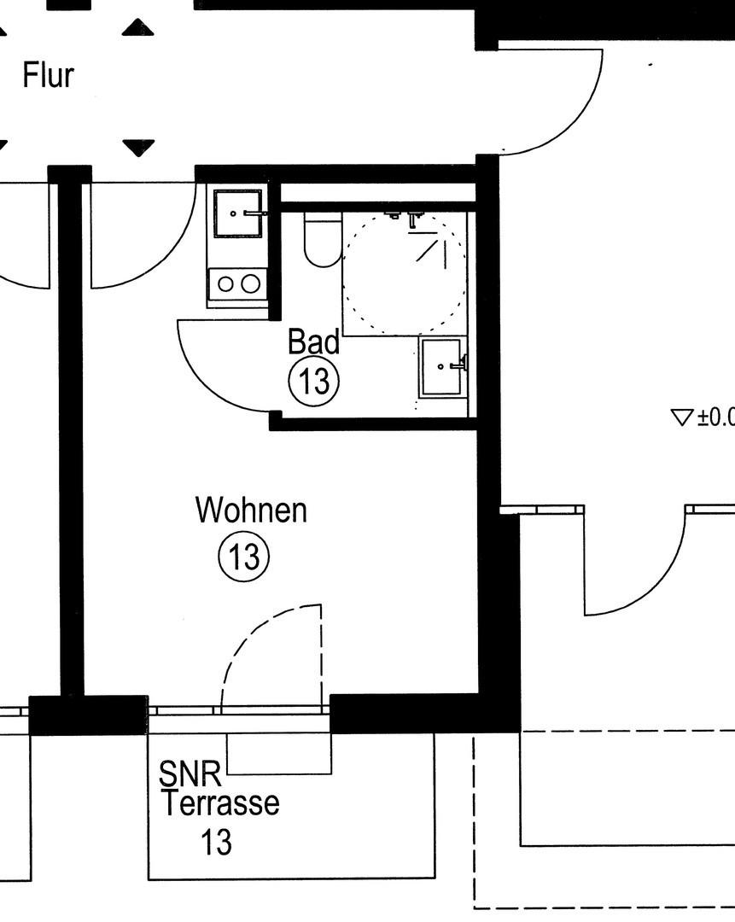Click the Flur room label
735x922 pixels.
[x=49, y=76]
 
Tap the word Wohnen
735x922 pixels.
[x=251, y=511]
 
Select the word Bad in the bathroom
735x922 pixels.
[x=313, y=341]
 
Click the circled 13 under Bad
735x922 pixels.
[x=314, y=381]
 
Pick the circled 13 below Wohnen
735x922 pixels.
[x=244, y=557]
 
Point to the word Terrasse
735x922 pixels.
[x=219, y=803]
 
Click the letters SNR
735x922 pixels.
[x=190, y=775]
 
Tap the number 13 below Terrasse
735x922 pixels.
[x=216, y=843]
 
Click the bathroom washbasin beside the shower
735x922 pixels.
[x=442, y=367]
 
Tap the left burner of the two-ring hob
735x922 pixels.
[x=225, y=283]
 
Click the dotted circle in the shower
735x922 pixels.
[x=404, y=272]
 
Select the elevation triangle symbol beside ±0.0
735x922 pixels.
[x=681, y=417]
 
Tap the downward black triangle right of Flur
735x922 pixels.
[x=137, y=148]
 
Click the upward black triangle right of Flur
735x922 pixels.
[x=137, y=28]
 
